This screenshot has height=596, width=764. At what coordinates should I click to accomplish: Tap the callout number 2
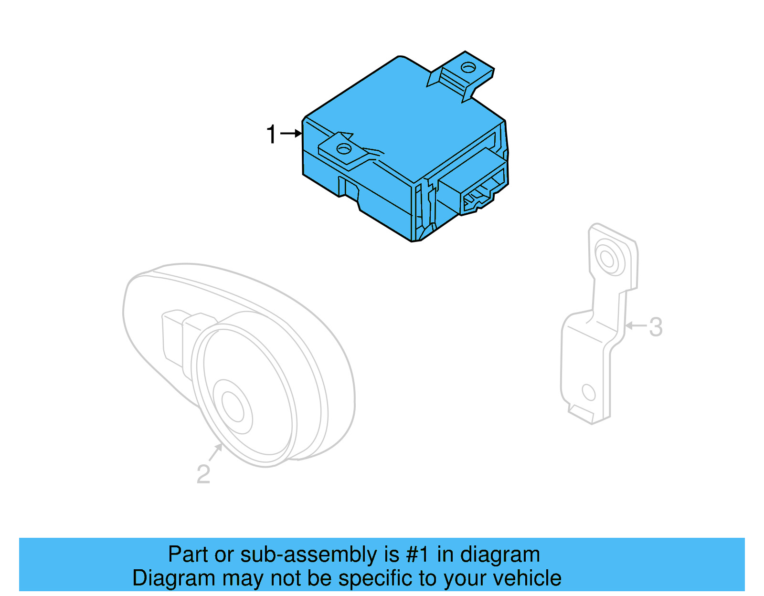click(203, 474)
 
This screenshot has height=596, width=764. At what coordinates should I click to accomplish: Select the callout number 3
click(656, 327)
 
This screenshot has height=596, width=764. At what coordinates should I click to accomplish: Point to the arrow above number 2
click(216, 451)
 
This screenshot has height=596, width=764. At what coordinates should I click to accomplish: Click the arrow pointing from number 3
click(635, 326)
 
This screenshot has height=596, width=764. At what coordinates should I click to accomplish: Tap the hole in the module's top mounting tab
click(468, 67)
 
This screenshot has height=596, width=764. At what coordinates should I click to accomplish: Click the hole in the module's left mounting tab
click(343, 149)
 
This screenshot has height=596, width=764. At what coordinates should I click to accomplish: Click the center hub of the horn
click(232, 407)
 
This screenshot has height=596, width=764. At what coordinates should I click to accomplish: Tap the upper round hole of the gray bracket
click(607, 259)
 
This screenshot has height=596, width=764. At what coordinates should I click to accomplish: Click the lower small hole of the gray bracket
click(589, 393)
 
